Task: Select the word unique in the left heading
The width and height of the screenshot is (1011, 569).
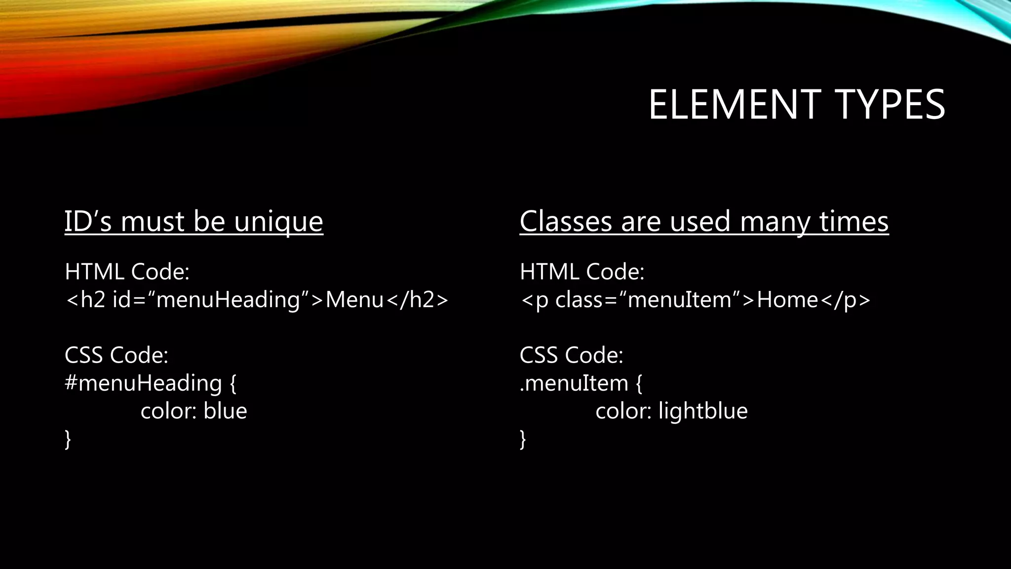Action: click(x=278, y=221)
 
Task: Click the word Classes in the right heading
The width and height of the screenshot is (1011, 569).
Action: click(x=566, y=221)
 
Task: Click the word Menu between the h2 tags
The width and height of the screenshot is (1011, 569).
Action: click(x=354, y=300)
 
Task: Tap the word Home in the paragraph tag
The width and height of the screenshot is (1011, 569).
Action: click(x=787, y=300)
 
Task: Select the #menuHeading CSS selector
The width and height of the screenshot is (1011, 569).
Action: click(x=143, y=383)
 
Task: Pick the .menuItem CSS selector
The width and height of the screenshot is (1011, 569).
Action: click(x=574, y=383)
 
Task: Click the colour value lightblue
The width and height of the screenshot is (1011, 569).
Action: click(x=703, y=411)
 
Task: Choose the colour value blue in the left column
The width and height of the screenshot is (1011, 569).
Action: click(x=225, y=411)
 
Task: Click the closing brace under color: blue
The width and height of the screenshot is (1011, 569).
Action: click(x=68, y=439)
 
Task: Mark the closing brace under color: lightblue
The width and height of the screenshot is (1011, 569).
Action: click(x=523, y=439)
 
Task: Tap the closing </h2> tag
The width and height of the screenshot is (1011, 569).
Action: click(x=417, y=300)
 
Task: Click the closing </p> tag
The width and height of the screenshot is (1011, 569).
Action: click(x=846, y=300)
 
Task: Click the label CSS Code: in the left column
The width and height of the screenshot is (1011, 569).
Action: click(x=117, y=355)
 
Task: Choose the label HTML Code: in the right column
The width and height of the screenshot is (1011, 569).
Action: click(x=582, y=272)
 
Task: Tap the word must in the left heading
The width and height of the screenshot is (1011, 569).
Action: click(x=153, y=221)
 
